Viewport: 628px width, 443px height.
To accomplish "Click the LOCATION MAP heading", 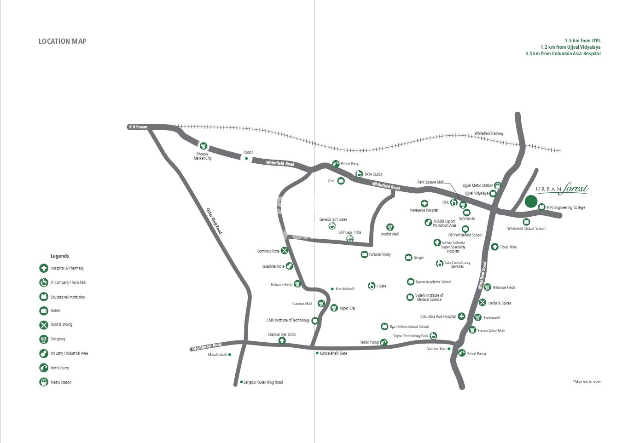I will click(x=62, y=41).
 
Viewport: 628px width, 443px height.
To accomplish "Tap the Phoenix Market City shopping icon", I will click(x=203, y=146).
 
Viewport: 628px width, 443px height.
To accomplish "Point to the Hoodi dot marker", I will click(x=246, y=159).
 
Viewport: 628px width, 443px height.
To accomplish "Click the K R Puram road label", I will click(x=138, y=127).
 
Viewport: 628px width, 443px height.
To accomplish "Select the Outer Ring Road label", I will click(x=214, y=221).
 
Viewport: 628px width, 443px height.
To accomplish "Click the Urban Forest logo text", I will click(x=562, y=189).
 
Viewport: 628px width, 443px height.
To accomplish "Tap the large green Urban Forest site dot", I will click(x=531, y=201).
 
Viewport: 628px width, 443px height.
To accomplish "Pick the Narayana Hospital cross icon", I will click(x=424, y=203).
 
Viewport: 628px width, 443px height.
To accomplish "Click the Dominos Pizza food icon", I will click(x=285, y=251).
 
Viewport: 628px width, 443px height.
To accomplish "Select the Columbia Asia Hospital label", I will click(x=438, y=316).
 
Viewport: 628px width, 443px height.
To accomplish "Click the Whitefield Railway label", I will click(x=489, y=133).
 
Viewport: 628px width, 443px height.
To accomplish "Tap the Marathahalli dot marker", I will click(x=230, y=355).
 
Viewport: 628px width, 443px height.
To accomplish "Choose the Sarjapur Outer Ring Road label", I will click(x=263, y=382).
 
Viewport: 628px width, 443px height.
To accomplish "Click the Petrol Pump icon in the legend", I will click(x=44, y=368).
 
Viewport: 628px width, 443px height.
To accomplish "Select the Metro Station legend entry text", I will click(x=61, y=382).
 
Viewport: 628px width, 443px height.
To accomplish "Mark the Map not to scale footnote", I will click(x=587, y=382).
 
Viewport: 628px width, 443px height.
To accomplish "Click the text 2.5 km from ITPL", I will click(x=582, y=40).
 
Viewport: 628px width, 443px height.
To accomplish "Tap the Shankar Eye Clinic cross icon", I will click(x=282, y=341).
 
